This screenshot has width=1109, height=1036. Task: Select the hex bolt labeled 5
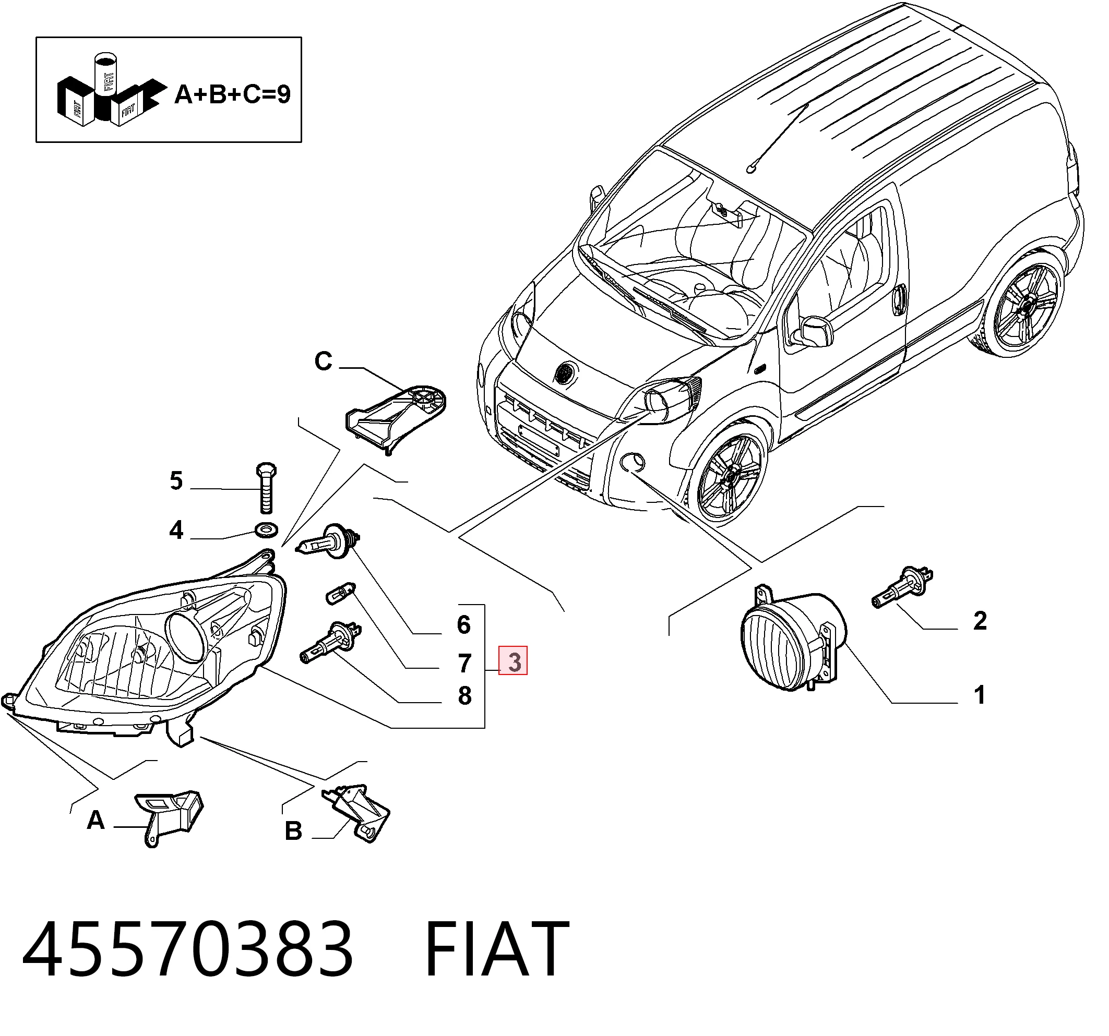point(267,487)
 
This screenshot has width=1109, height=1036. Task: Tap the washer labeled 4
point(266,528)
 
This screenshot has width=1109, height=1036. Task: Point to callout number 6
point(463,624)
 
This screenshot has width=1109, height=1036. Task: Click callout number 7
point(464,663)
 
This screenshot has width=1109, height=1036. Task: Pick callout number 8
point(464,696)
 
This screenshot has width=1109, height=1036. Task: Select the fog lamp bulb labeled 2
point(902,587)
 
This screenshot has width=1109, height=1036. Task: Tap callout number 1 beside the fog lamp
point(980,695)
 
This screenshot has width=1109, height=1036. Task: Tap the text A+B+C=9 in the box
point(233,94)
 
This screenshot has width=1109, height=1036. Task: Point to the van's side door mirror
point(811,332)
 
